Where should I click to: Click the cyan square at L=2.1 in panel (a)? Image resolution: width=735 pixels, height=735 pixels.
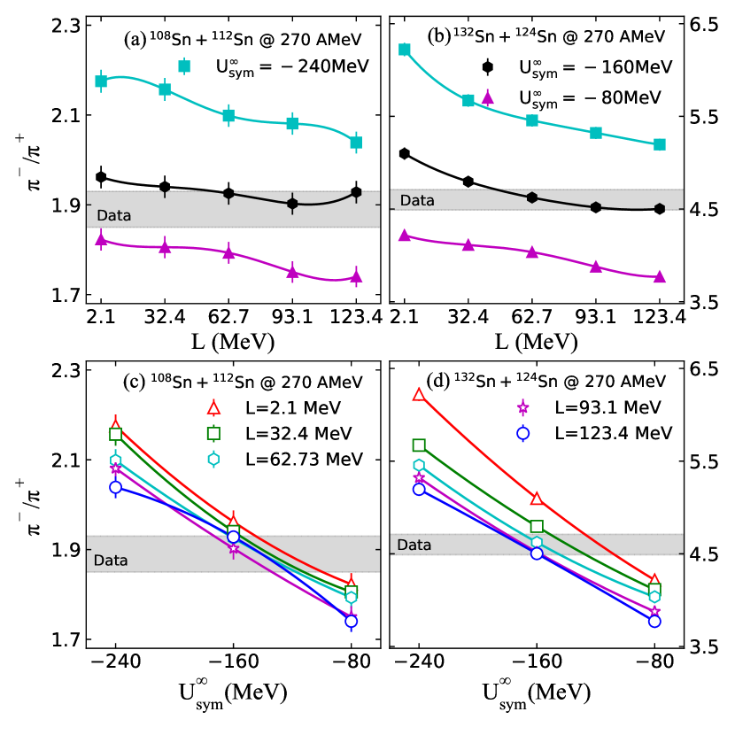point(101,81)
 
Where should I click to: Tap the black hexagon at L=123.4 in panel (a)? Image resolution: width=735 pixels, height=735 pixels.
point(356,192)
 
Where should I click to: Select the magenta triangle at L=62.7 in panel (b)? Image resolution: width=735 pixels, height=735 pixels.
point(532,251)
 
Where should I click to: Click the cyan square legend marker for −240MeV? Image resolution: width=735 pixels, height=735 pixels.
point(184,66)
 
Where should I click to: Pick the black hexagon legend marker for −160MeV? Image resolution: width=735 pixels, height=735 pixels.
point(487,66)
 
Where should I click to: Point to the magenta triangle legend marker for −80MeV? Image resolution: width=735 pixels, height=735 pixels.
point(487,97)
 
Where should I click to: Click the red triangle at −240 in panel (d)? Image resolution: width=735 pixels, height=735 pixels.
point(419,394)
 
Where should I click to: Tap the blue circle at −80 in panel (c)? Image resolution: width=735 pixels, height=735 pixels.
point(352,621)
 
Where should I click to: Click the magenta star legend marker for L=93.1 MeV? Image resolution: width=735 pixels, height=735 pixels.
point(522,407)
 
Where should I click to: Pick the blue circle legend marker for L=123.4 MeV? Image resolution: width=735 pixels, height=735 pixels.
point(522,433)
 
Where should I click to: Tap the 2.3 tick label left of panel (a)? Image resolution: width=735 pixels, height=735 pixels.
point(67,26)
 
